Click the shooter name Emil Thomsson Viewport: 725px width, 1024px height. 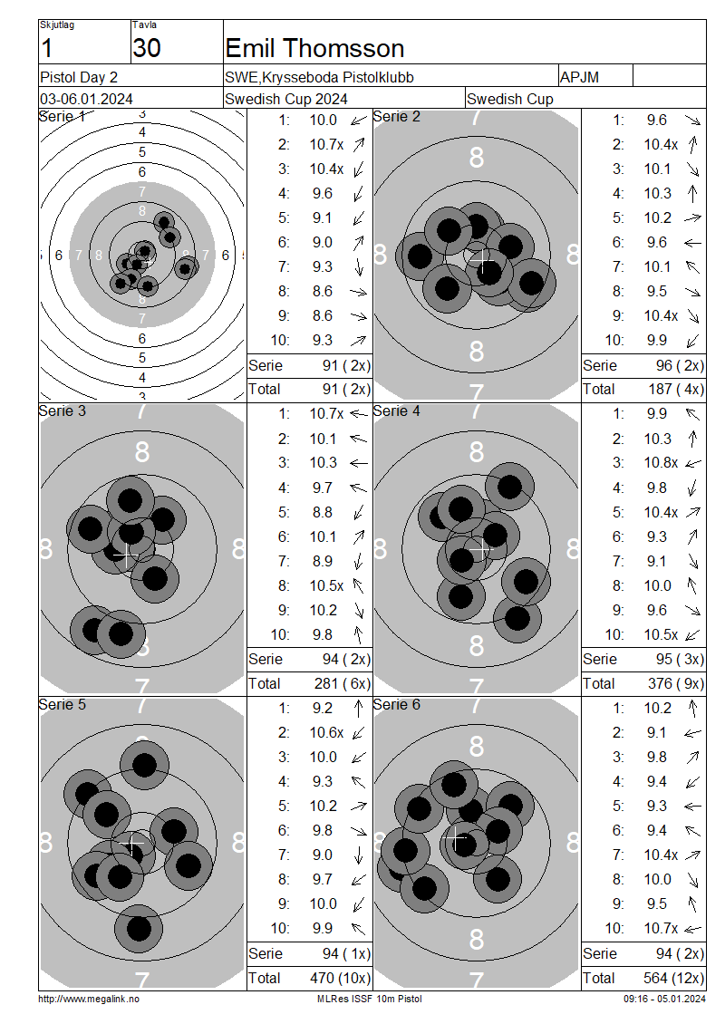[x=314, y=48]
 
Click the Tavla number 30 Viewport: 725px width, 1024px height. [x=146, y=48]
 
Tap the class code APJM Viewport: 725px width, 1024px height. [x=579, y=77]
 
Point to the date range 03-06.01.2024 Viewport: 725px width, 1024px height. [x=86, y=100]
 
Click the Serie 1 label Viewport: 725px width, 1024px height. [x=62, y=117]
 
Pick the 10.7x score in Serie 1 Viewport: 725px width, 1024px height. [x=326, y=144]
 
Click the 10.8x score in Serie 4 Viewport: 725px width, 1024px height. [x=661, y=463]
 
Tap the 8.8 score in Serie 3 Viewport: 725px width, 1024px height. [x=322, y=513]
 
